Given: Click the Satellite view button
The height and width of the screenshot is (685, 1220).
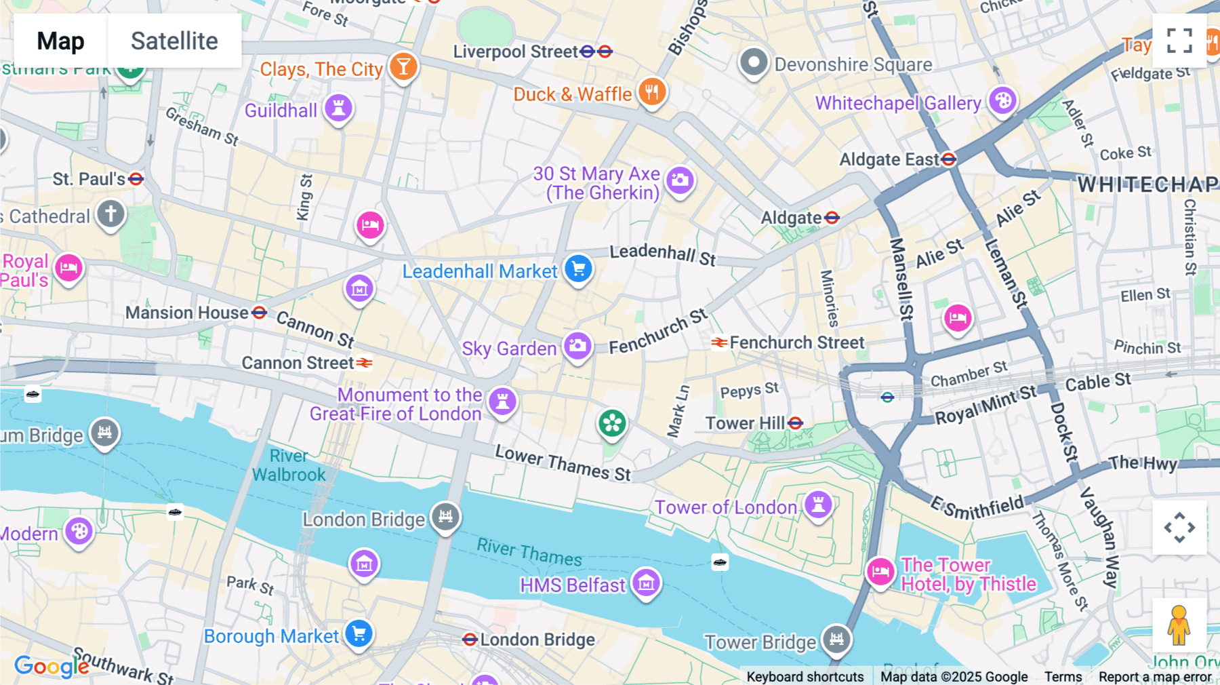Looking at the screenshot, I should point(174,41).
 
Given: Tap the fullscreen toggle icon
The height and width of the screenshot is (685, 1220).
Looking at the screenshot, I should point(1179,41).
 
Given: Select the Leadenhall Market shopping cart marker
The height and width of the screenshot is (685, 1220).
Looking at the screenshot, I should point(578,269).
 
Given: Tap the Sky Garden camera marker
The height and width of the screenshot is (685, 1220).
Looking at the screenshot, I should point(577,346).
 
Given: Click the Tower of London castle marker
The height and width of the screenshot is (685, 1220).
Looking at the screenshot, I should point(818,505).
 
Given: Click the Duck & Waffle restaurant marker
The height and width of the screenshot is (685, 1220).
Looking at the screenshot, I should point(652,92).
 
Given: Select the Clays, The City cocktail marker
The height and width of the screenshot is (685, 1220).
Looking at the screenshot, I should point(403,66).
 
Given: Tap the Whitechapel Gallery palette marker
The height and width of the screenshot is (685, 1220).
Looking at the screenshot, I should point(1002,101).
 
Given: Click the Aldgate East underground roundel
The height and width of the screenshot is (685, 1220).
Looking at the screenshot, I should point(949,159).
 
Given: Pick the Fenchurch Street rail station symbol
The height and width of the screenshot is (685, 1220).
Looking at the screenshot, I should point(719,342).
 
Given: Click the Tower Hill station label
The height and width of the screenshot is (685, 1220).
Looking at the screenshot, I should point(744,423).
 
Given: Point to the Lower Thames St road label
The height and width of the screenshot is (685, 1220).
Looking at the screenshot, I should point(563,463).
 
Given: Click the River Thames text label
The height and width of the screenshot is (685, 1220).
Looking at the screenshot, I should point(529,552).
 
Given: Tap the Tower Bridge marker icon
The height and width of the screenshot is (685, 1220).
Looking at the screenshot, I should point(836,638).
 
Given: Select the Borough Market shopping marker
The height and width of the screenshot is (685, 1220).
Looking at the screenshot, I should point(359,633).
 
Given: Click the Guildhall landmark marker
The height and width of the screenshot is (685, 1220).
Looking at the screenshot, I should point(338,107).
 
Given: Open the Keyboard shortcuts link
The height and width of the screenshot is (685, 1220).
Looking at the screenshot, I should point(805,676).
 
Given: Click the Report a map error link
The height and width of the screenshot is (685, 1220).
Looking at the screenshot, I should point(1155,676).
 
